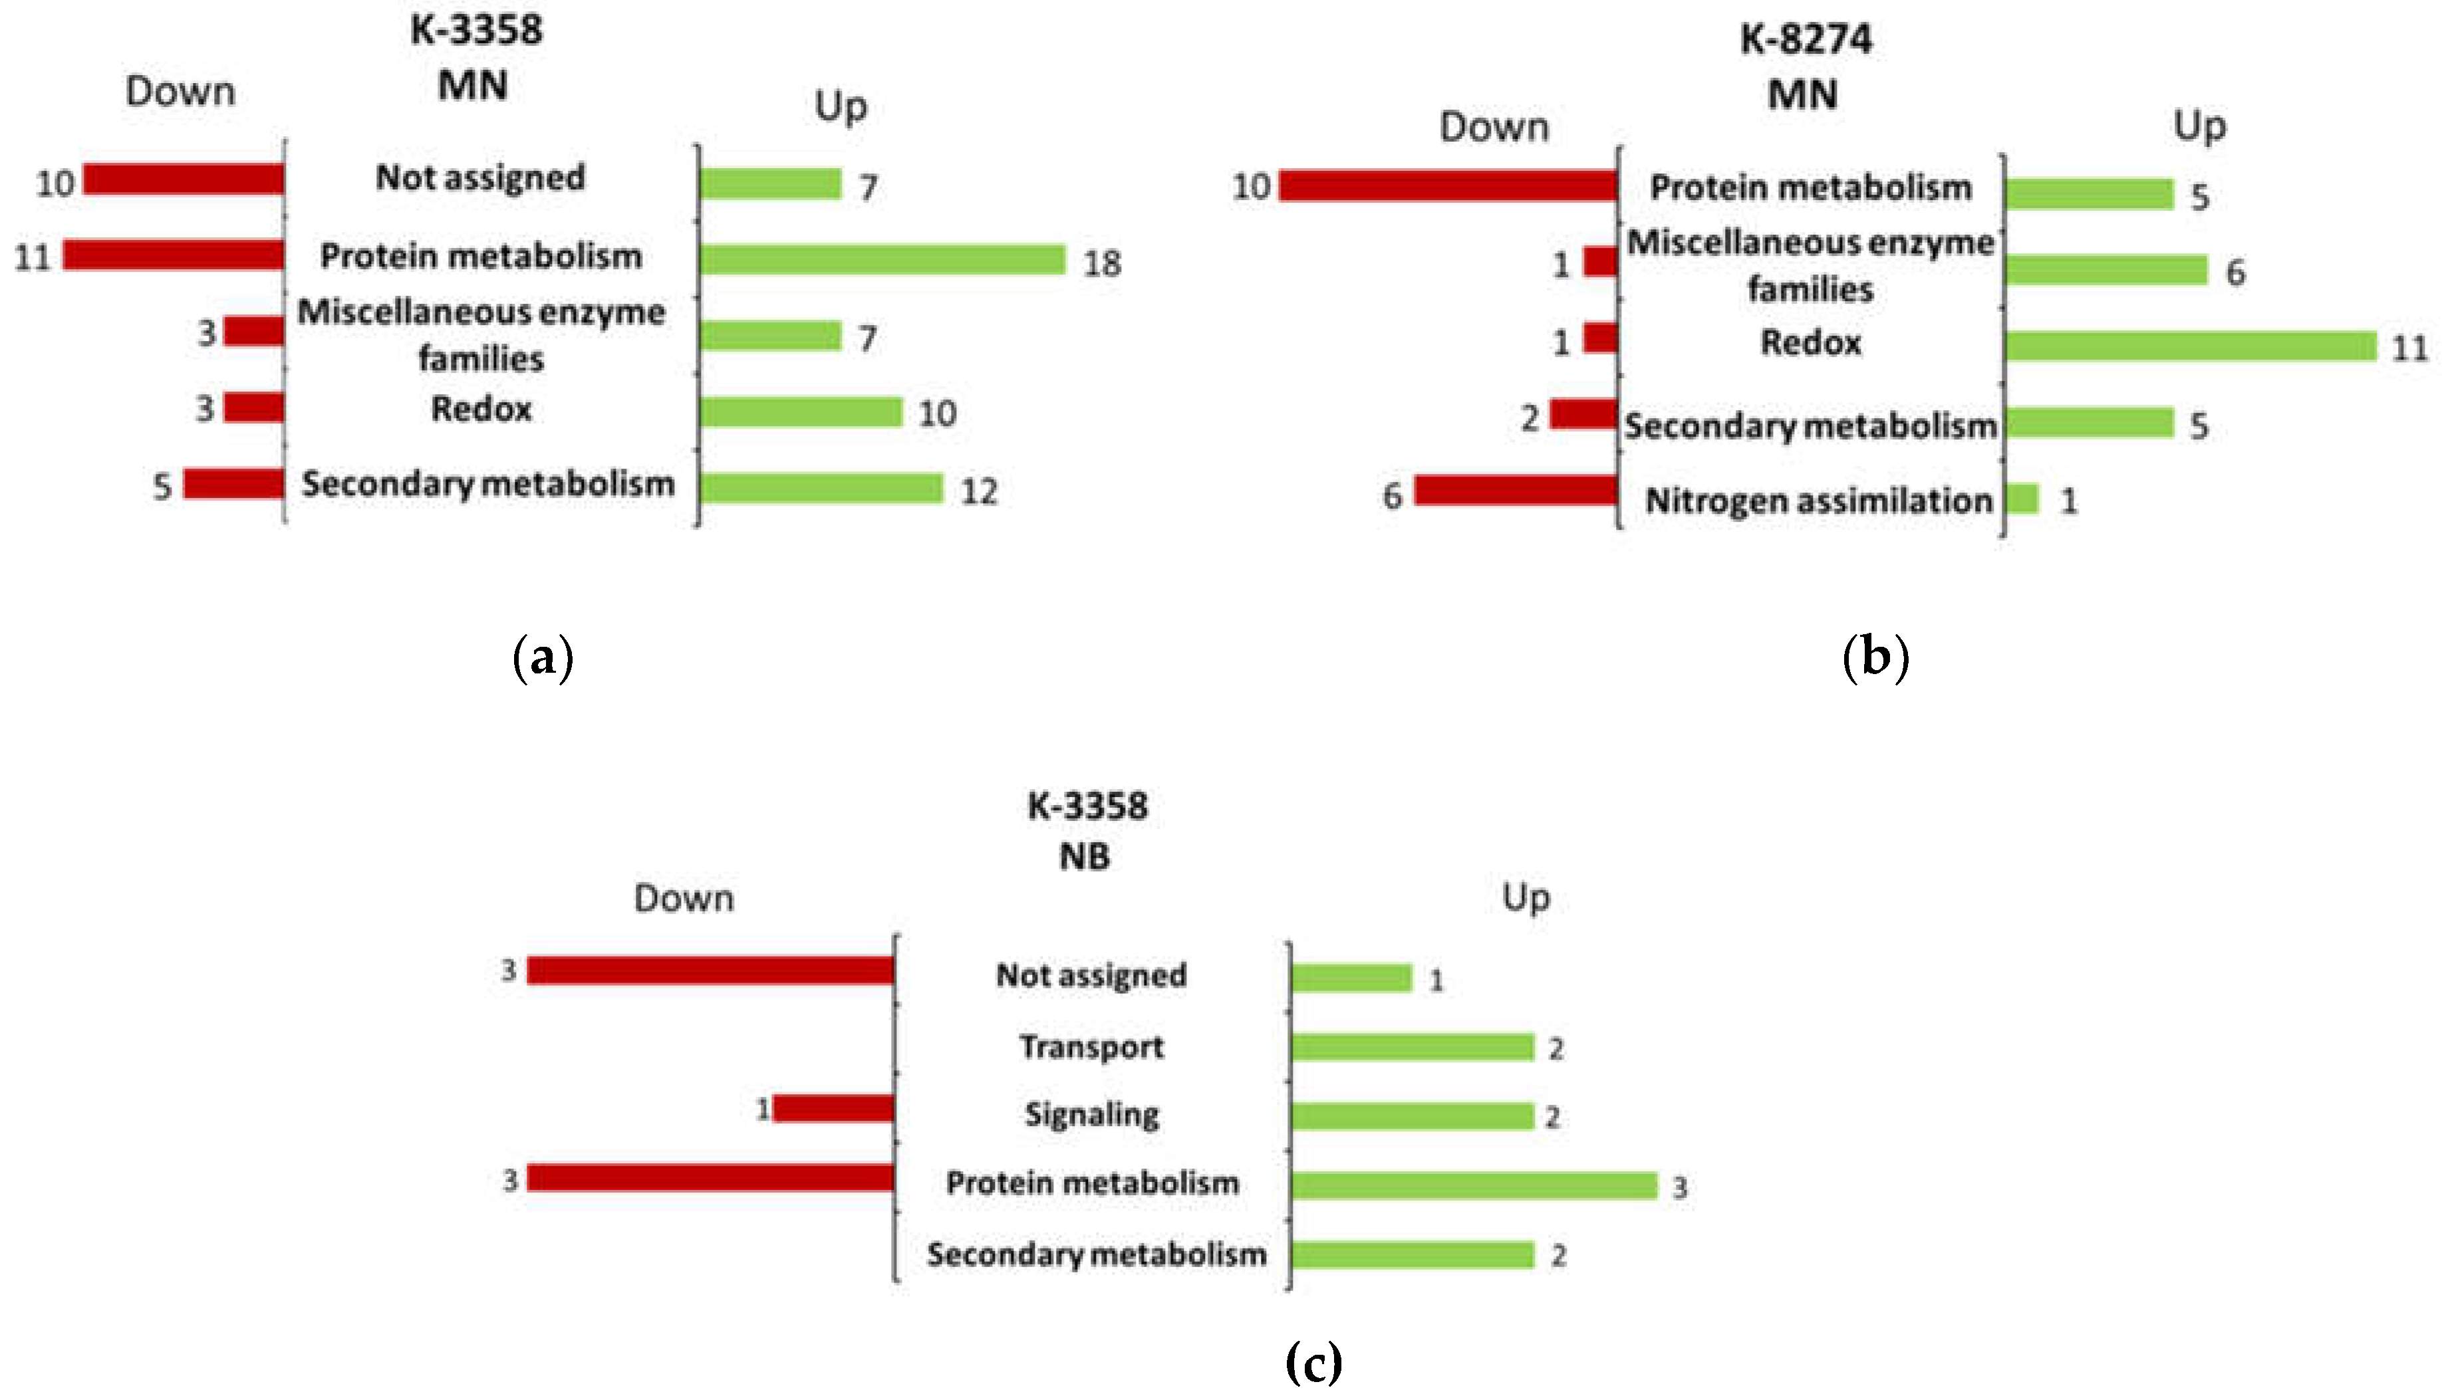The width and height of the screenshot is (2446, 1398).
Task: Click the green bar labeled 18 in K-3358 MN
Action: (882, 259)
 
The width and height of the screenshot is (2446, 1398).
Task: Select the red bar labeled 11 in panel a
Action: (174, 255)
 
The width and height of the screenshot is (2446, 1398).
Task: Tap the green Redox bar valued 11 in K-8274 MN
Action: (2189, 346)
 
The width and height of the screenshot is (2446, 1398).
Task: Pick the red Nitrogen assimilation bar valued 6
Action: (1516, 491)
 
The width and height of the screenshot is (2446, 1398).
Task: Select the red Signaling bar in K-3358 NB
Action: (833, 1109)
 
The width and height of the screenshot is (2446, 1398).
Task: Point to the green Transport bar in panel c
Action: (1412, 1046)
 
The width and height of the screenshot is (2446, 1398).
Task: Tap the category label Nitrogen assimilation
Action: (1818, 501)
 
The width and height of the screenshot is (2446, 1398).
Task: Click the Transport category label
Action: (1091, 1046)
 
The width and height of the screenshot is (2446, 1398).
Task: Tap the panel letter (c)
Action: (1312, 1361)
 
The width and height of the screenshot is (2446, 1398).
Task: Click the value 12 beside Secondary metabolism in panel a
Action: (978, 492)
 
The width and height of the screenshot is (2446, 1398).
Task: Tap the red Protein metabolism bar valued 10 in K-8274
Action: (1447, 186)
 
